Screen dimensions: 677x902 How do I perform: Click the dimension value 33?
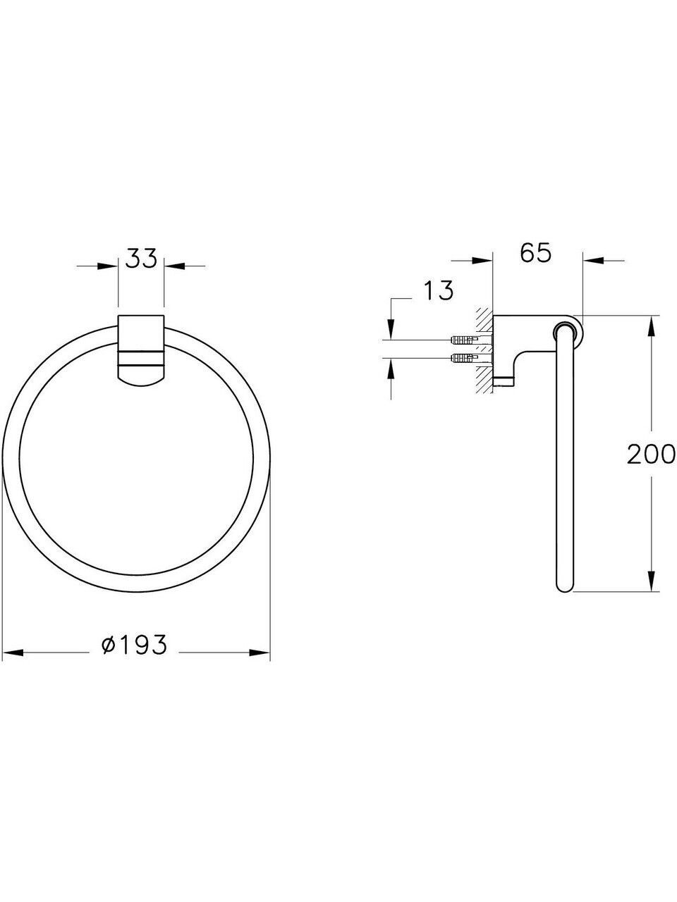point(141,259)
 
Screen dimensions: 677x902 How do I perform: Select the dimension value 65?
point(535,254)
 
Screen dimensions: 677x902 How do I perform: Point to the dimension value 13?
point(438,290)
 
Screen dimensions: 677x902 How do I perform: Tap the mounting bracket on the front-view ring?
point(142,350)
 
